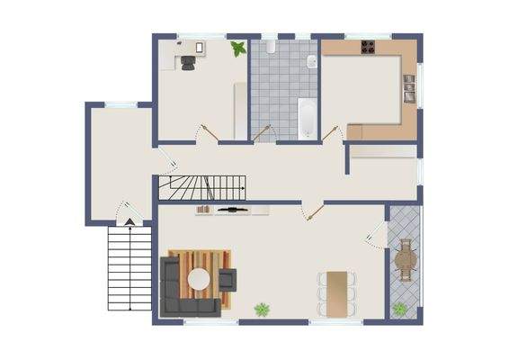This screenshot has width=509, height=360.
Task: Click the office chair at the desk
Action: pos(187,62)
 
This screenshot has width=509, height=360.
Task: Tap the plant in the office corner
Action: pos(237,49)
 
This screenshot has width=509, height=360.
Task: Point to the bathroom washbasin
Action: pos(309,61)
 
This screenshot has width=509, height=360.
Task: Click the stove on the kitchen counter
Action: pos(368,47)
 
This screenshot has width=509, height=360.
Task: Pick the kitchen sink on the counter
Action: pos(409,86)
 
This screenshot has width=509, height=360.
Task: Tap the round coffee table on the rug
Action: pos(198,280)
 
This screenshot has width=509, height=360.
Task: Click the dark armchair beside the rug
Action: pos(227,280)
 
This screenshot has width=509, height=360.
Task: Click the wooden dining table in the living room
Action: pos(336,292)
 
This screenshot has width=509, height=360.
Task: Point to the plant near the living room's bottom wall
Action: pos(262,310)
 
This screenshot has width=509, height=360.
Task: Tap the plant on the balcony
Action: pos(399,309)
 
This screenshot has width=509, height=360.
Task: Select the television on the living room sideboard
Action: pos(232,209)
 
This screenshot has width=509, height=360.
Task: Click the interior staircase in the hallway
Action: pos(202,188)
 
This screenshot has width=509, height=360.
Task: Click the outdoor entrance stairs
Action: pos(129,268)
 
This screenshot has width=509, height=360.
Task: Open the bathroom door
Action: pos(263,133)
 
